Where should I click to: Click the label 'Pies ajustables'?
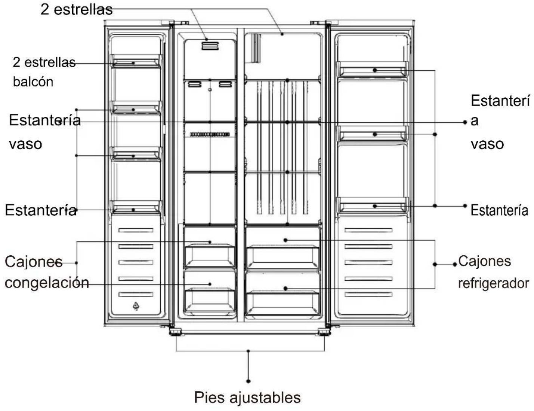247,397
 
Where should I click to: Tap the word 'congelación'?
47,283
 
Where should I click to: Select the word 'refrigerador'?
493,283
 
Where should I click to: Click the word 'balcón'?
33,82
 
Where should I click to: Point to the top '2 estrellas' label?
77,10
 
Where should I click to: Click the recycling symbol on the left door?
136,306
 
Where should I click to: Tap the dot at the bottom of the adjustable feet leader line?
248,381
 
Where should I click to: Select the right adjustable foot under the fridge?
324,332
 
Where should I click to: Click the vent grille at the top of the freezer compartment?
210,46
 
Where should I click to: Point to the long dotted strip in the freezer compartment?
210,134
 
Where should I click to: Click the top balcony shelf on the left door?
136,61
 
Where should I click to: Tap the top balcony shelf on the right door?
373,69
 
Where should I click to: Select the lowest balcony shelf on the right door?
373,205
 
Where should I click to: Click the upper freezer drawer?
210,255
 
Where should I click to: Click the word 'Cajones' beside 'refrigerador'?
485,261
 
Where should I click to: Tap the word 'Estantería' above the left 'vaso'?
45,120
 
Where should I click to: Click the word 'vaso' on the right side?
487,144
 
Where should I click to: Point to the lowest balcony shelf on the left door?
136,207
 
